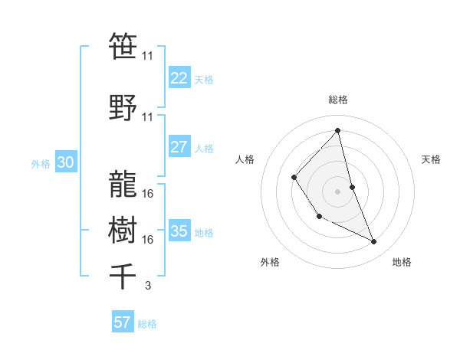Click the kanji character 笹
coord(123,46)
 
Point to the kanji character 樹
coord(123,228)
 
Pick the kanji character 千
coord(123,276)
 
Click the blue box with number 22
coord(179,79)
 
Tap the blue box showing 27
coord(179,147)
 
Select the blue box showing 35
coord(179,231)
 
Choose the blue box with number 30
coord(65,162)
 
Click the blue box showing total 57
coord(122,322)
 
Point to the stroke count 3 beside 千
coord(147,286)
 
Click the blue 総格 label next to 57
coord(147,324)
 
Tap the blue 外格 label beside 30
coord(41,163)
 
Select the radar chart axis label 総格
coord(337,100)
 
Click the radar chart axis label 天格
coord(431,159)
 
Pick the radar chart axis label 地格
coord(402,262)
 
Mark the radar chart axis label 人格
coord(245,159)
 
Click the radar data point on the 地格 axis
coord(374,242)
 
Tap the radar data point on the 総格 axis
coord(337,131)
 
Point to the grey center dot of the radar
coord(337,191)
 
